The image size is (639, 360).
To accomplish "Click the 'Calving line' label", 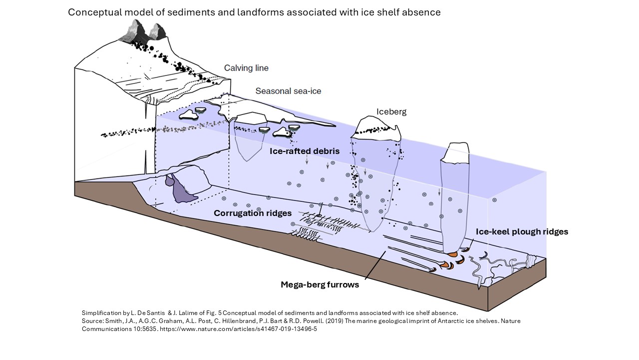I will (246, 68).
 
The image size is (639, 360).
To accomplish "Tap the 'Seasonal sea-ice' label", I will (288, 91).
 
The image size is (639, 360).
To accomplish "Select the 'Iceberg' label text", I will (391, 112).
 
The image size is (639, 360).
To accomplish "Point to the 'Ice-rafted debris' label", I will (305, 150).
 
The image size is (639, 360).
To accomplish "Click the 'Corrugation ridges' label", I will (253, 213).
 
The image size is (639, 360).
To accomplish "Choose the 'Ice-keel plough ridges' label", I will (522, 231).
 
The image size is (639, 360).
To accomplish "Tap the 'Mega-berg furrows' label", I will (319, 285).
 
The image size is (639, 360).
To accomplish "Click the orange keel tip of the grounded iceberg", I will (452, 254).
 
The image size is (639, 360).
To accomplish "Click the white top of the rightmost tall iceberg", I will (455, 153).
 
